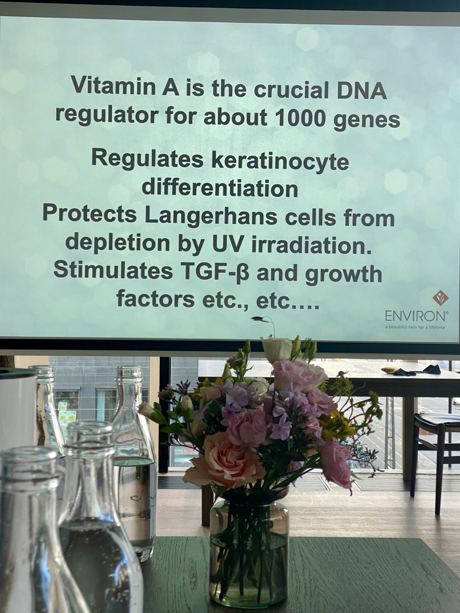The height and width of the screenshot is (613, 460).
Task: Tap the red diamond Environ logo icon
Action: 441,298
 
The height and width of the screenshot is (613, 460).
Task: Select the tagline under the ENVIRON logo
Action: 415,327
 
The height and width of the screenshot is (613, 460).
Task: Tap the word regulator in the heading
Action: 105,114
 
